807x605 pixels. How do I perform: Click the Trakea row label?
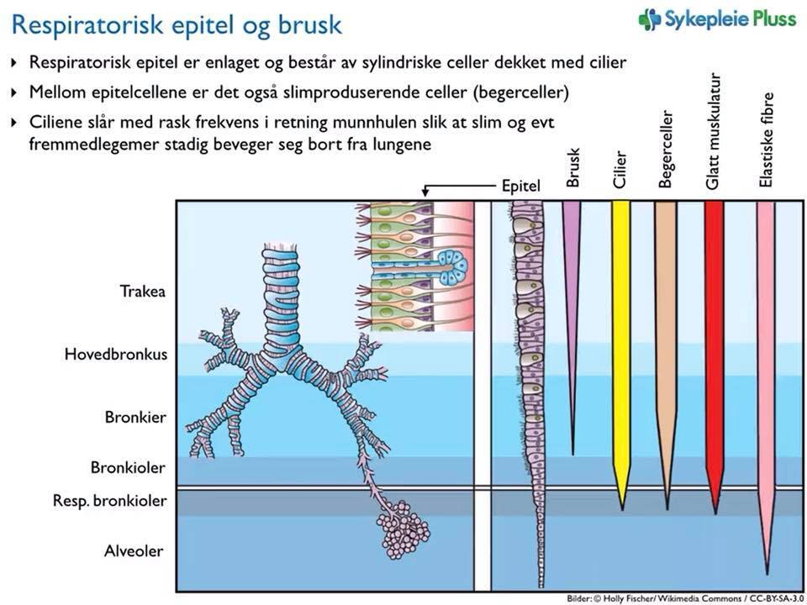[x=142, y=292]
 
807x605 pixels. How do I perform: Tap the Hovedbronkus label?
[x=115, y=355]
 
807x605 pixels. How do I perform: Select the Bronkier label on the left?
[x=135, y=417]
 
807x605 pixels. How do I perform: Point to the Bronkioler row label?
[x=128, y=467]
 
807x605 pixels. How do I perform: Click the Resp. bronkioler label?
[x=109, y=502]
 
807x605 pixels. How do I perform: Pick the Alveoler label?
[x=134, y=552]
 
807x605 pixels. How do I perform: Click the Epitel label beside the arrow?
[x=521, y=186]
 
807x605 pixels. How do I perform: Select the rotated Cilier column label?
[x=620, y=170]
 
